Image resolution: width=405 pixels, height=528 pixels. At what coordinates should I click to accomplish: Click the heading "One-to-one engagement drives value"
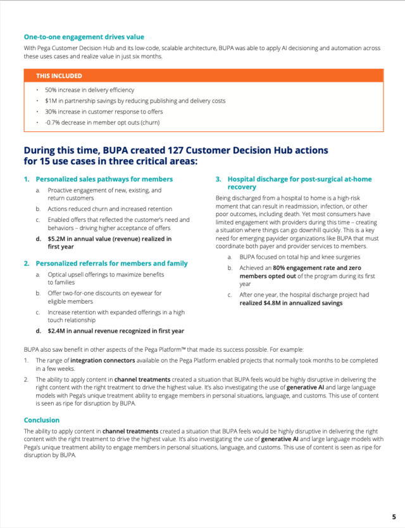(84, 37)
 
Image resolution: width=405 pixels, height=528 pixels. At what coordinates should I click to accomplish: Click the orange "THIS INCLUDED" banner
(203, 76)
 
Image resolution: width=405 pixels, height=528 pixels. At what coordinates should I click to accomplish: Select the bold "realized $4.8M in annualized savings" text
(290, 303)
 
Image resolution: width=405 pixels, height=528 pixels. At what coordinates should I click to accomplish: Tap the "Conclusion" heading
(42, 420)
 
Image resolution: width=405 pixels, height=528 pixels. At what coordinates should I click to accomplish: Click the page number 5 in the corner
(394, 517)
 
